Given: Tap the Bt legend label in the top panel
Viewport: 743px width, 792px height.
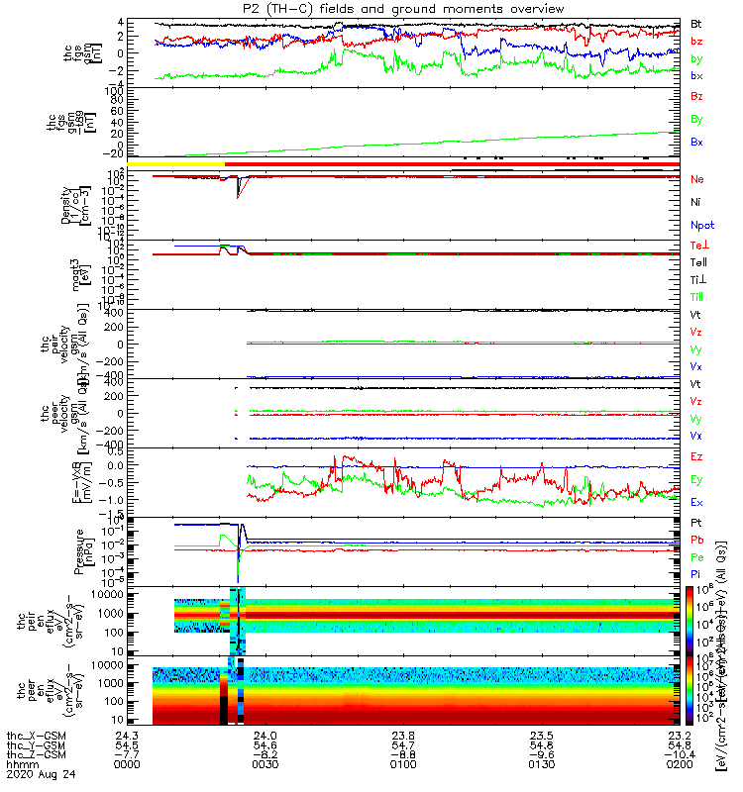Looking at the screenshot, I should point(696,23).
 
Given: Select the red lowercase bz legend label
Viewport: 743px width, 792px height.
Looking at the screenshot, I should point(696,41).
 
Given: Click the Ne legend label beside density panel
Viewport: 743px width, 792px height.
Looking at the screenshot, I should point(696,179).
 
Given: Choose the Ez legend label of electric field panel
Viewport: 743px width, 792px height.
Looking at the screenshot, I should point(696,456).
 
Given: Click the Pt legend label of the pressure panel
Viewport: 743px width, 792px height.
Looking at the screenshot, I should point(696,522).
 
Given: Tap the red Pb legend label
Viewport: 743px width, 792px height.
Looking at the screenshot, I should point(696,540).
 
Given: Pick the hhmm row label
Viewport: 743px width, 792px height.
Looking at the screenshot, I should point(20,765).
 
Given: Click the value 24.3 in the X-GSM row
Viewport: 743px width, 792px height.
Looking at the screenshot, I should point(127,736).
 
